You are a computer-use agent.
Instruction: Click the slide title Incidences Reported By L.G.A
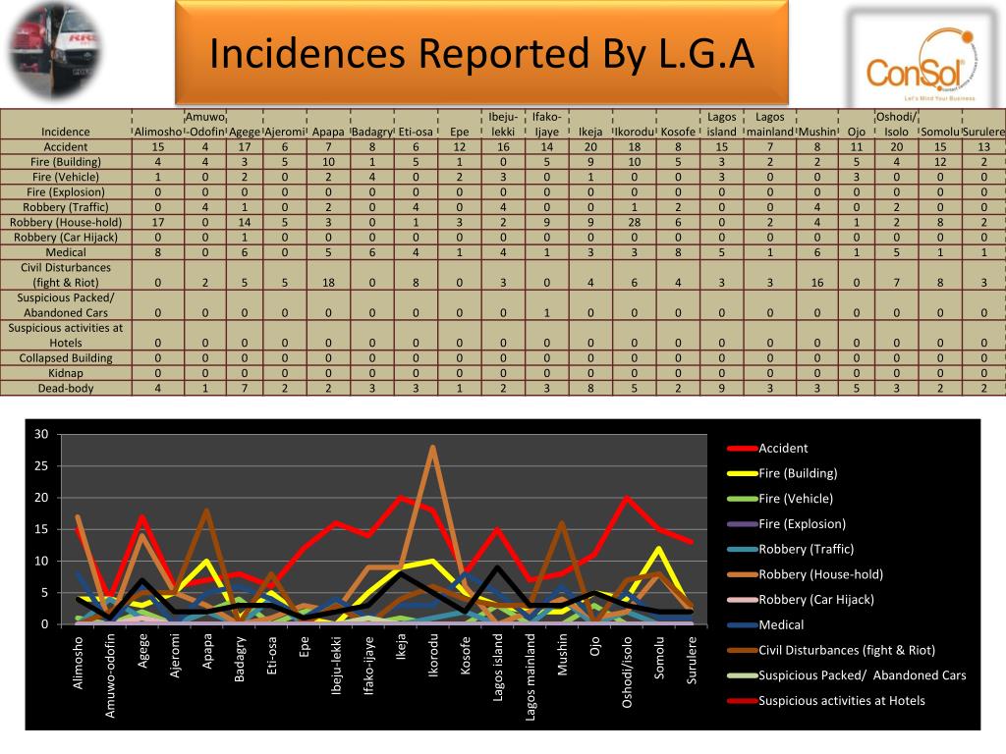pyautogui.click(x=481, y=53)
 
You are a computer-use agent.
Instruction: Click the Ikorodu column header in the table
pyautogui.click(x=634, y=132)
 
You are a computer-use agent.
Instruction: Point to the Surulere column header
pyautogui.click(x=983, y=132)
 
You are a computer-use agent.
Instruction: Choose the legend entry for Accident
pyautogui.click(x=783, y=449)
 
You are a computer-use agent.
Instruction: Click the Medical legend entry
pyautogui.click(x=781, y=624)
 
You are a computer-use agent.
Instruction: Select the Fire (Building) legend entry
pyautogui.click(x=797, y=473)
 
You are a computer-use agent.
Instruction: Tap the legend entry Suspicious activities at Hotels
pyautogui.click(x=841, y=700)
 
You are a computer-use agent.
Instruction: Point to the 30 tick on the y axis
pyautogui.click(x=40, y=434)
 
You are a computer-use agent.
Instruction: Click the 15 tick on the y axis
pyautogui.click(x=40, y=529)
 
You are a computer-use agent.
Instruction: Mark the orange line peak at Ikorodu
pyautogui.click(x=432, y=447)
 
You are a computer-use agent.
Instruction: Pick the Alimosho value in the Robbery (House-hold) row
pyautogui.click(x=157, y=222)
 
